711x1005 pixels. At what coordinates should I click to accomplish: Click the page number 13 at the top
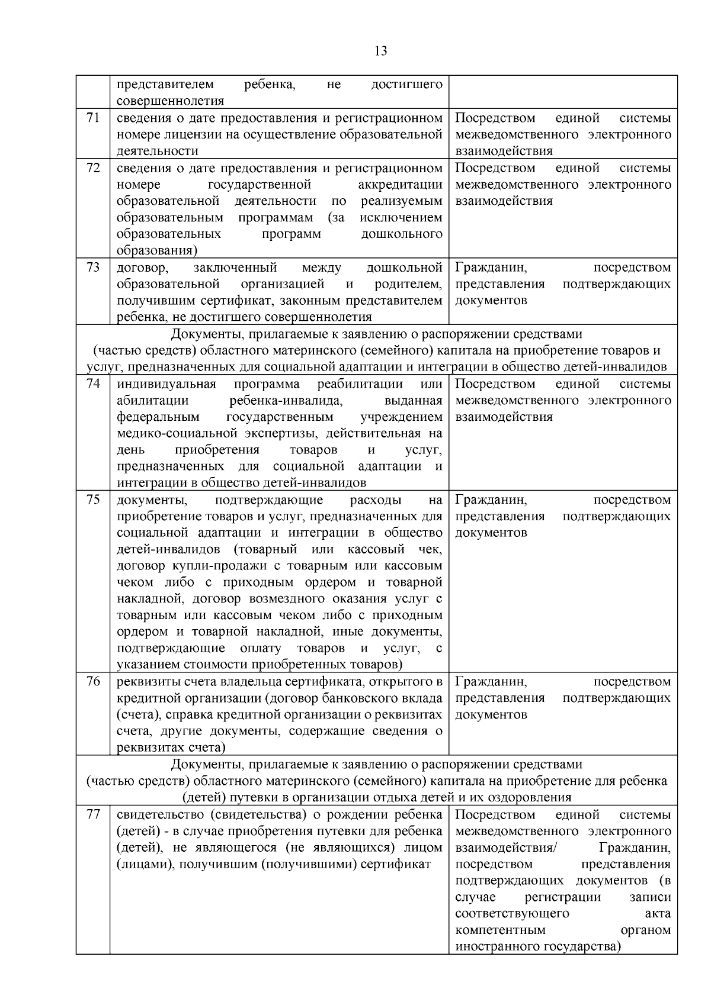click(x=381, y=51)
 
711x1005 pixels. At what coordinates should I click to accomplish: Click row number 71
click(x=93, y=118)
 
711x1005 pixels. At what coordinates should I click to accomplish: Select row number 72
click(x=93, y=167)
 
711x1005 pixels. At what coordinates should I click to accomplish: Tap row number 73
click(x=93, y=267)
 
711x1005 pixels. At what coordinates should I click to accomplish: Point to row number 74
click(x=93, y=384)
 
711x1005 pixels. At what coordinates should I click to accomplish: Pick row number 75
click(x=93, y=500)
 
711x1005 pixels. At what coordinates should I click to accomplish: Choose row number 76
click(x=93, y=681)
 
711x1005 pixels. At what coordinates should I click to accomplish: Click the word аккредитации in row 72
click(x=400, y=185)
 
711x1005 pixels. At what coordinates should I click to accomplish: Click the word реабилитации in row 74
click(x=360, y=384)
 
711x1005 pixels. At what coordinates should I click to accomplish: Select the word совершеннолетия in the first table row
click(x=170, y=101)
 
